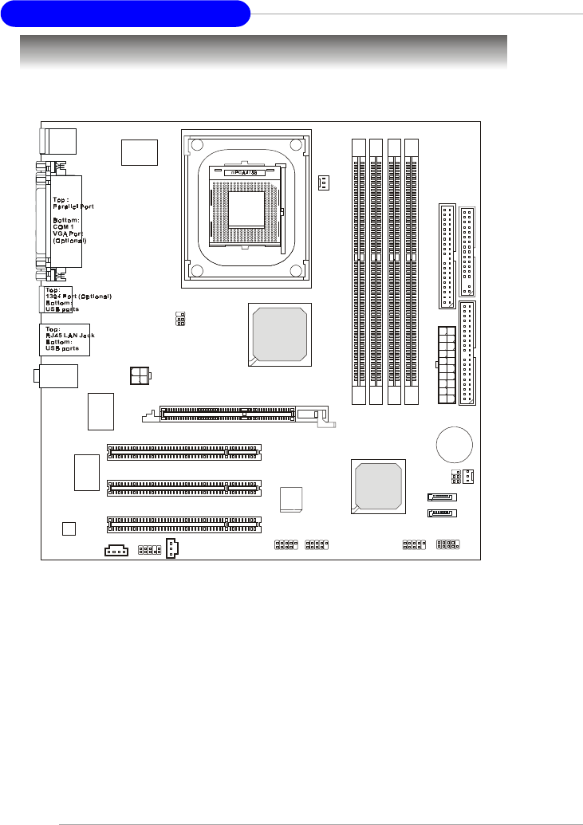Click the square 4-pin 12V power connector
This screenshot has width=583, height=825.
[x=140, y=375]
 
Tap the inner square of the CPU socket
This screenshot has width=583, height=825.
[x=246, y=210]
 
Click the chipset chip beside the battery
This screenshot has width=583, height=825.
[x=378, y=485]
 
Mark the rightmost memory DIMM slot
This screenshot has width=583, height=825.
[x=412, y=271]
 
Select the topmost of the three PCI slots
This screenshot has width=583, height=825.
[x=184, y=452]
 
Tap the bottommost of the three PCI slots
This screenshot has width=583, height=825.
[x=184, y=524]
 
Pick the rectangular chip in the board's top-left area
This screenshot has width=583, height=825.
[x=140, y=151]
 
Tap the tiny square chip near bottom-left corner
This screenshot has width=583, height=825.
[x=69, y=528]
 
